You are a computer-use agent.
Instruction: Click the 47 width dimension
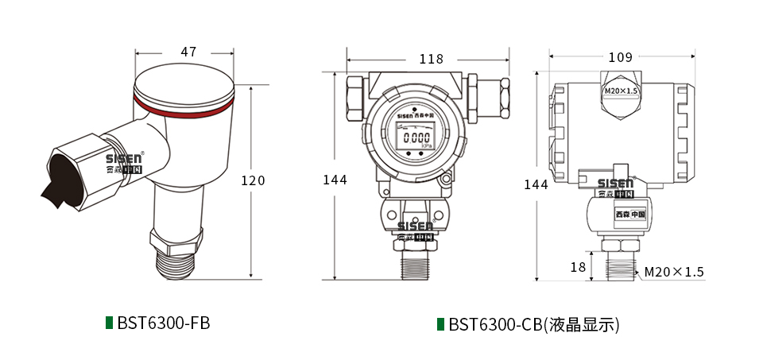(188, 52)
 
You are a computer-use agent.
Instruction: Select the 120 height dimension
(253, 180)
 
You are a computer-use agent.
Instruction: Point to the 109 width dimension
(620, 57)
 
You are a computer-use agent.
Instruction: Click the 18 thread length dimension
(578, 268)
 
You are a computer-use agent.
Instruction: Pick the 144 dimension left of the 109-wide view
(536, 184)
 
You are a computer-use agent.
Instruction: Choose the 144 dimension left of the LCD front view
(335, 180)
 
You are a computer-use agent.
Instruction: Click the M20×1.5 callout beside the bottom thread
(674, 272)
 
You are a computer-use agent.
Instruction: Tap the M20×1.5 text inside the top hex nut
(621, 91)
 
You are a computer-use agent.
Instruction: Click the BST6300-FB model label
(163, 323)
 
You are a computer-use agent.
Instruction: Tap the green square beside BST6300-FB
(110, 323)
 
